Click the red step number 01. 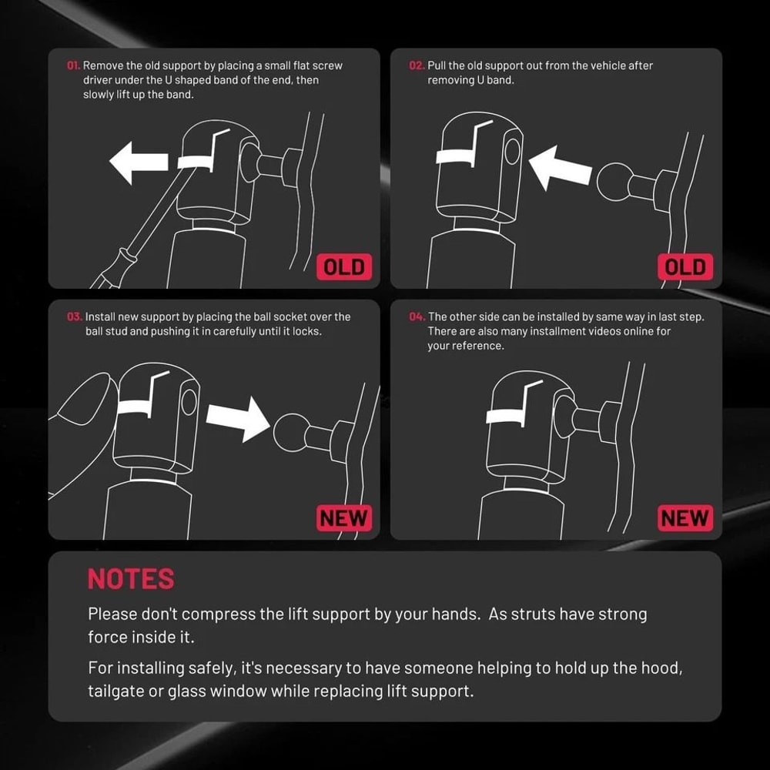pyautogui.click(x=73, y=65)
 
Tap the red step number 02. pyautogui.click(x=417, y=65)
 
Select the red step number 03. pyautogui.click(x=75, y=317)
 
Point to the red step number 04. pyautogui.click(x=417, y=317)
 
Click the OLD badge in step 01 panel pyautogui.click(x=343, y=267)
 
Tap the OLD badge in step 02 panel pyautogui.click(x=685, y=267)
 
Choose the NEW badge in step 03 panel pyautogui.click(x=343, y=518)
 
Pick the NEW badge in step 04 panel pyautogui.click(x=685, y=518)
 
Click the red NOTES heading pyautogui.click(x=131, y=579)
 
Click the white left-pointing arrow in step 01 pyautogui.click(x=139, y=162)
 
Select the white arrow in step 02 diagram pyautogui.click(x=559, y=168)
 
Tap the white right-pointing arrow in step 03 pyautogui.click(x=238, y=419)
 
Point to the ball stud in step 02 pyautogui.click(x=614, y=182)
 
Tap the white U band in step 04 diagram pyautogui.click(x=504, y=417)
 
